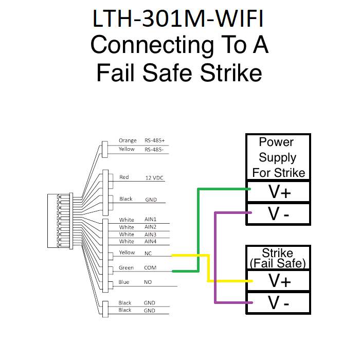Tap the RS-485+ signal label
click(155, 140)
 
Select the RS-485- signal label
click(154, 149)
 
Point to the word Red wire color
click(124, 177)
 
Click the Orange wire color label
click(128, 140)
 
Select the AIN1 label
click(150, 220)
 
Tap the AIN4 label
click(150, 241)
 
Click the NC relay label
click(149, 253)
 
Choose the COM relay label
click(150, 268)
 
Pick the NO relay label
click(149, 282)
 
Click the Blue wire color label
click(124, 282)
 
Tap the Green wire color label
click(126, 267)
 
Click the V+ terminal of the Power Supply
click(278, 191)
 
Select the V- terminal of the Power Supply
click(278, 213)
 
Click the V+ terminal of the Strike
click(278, 281)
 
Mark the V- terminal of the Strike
click(278, 303)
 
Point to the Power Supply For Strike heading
click(278, 157)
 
